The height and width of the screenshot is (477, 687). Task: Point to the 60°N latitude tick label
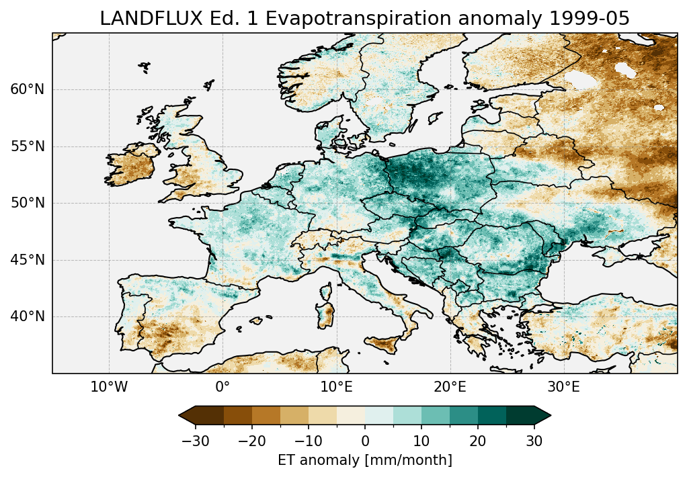27,89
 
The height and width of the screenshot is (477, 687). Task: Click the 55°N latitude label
27,146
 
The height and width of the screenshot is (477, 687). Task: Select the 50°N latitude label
27,203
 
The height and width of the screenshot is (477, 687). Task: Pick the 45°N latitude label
27,260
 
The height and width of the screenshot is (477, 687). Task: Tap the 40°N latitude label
27,316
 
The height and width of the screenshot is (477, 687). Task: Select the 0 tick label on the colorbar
365,441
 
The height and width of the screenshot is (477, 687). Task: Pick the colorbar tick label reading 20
478,441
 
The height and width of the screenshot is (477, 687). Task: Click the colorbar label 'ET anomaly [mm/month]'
365,460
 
